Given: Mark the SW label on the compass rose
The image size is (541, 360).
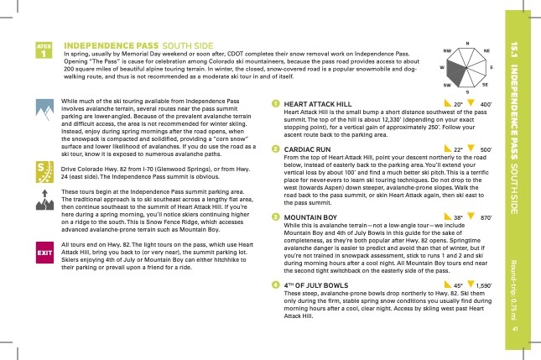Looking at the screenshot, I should pos(448,86).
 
